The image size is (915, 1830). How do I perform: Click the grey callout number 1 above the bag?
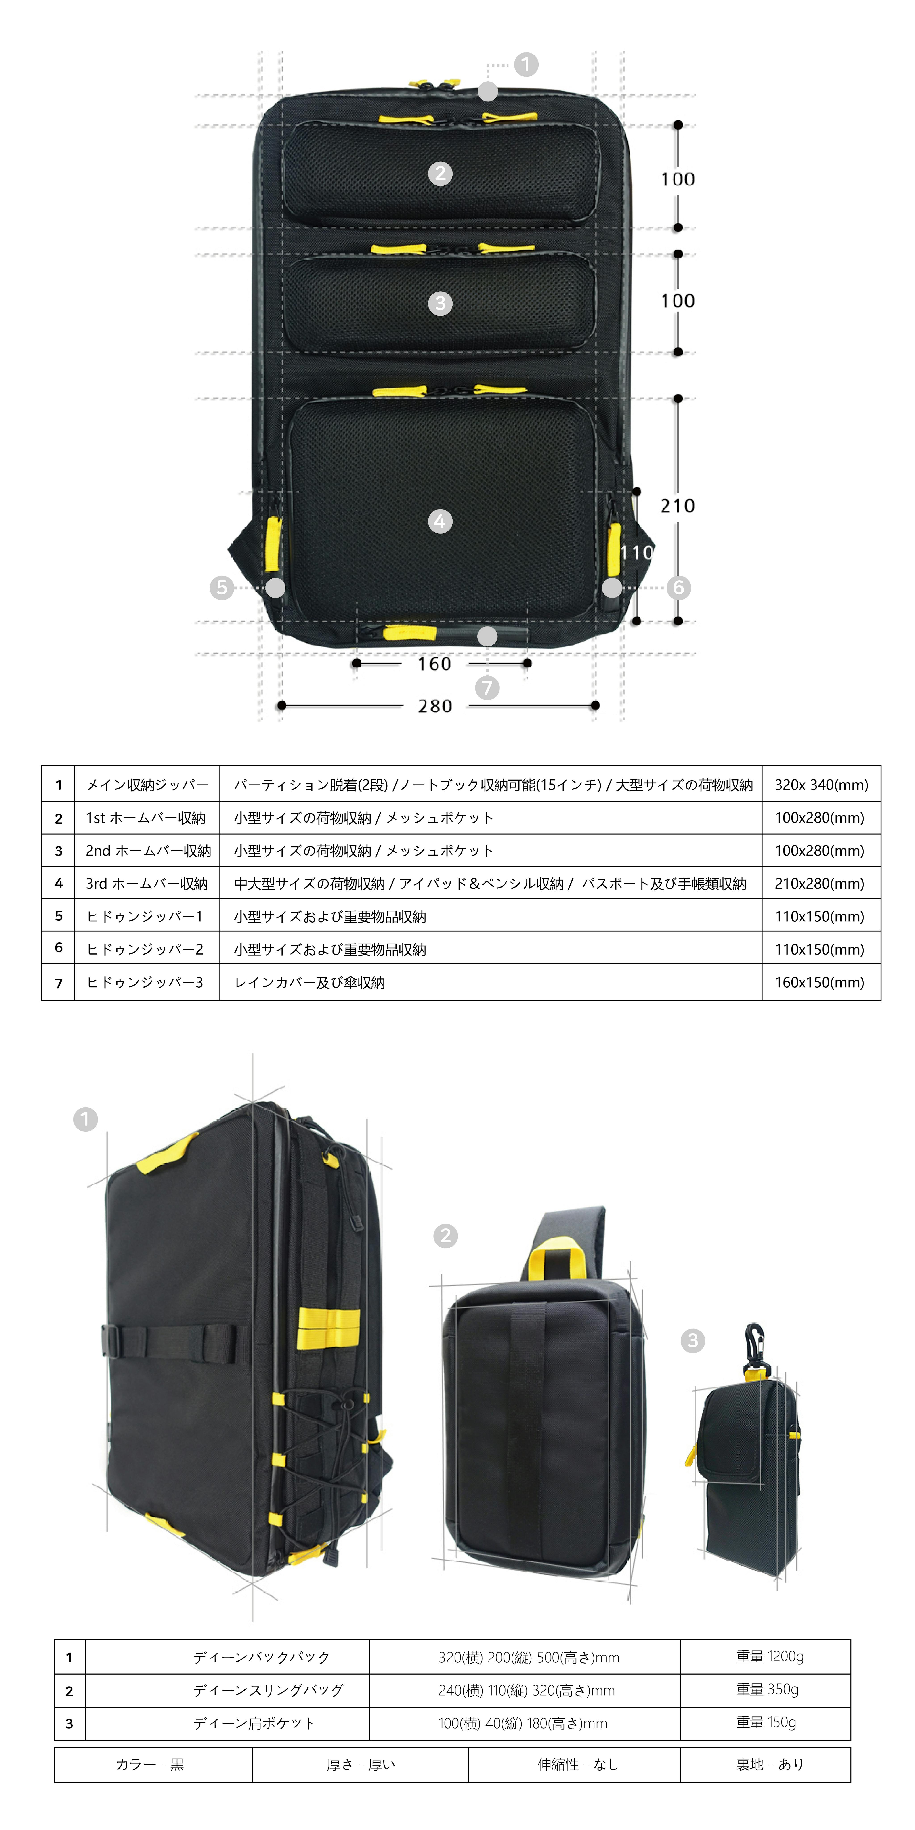(526, 65)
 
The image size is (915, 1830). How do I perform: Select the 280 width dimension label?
(435, 706)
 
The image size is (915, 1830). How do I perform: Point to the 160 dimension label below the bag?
(434, 664)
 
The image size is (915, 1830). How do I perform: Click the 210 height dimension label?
(677, 506)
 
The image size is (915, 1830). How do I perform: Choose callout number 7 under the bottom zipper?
(487, 688)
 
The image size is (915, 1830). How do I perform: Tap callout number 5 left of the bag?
(222, 588)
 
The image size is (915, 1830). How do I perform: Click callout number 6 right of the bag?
(678, 588)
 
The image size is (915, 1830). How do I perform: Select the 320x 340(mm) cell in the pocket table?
(821, 785)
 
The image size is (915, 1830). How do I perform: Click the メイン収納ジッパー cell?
(147, 785)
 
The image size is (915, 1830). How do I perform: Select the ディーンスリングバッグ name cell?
(269, 1690)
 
